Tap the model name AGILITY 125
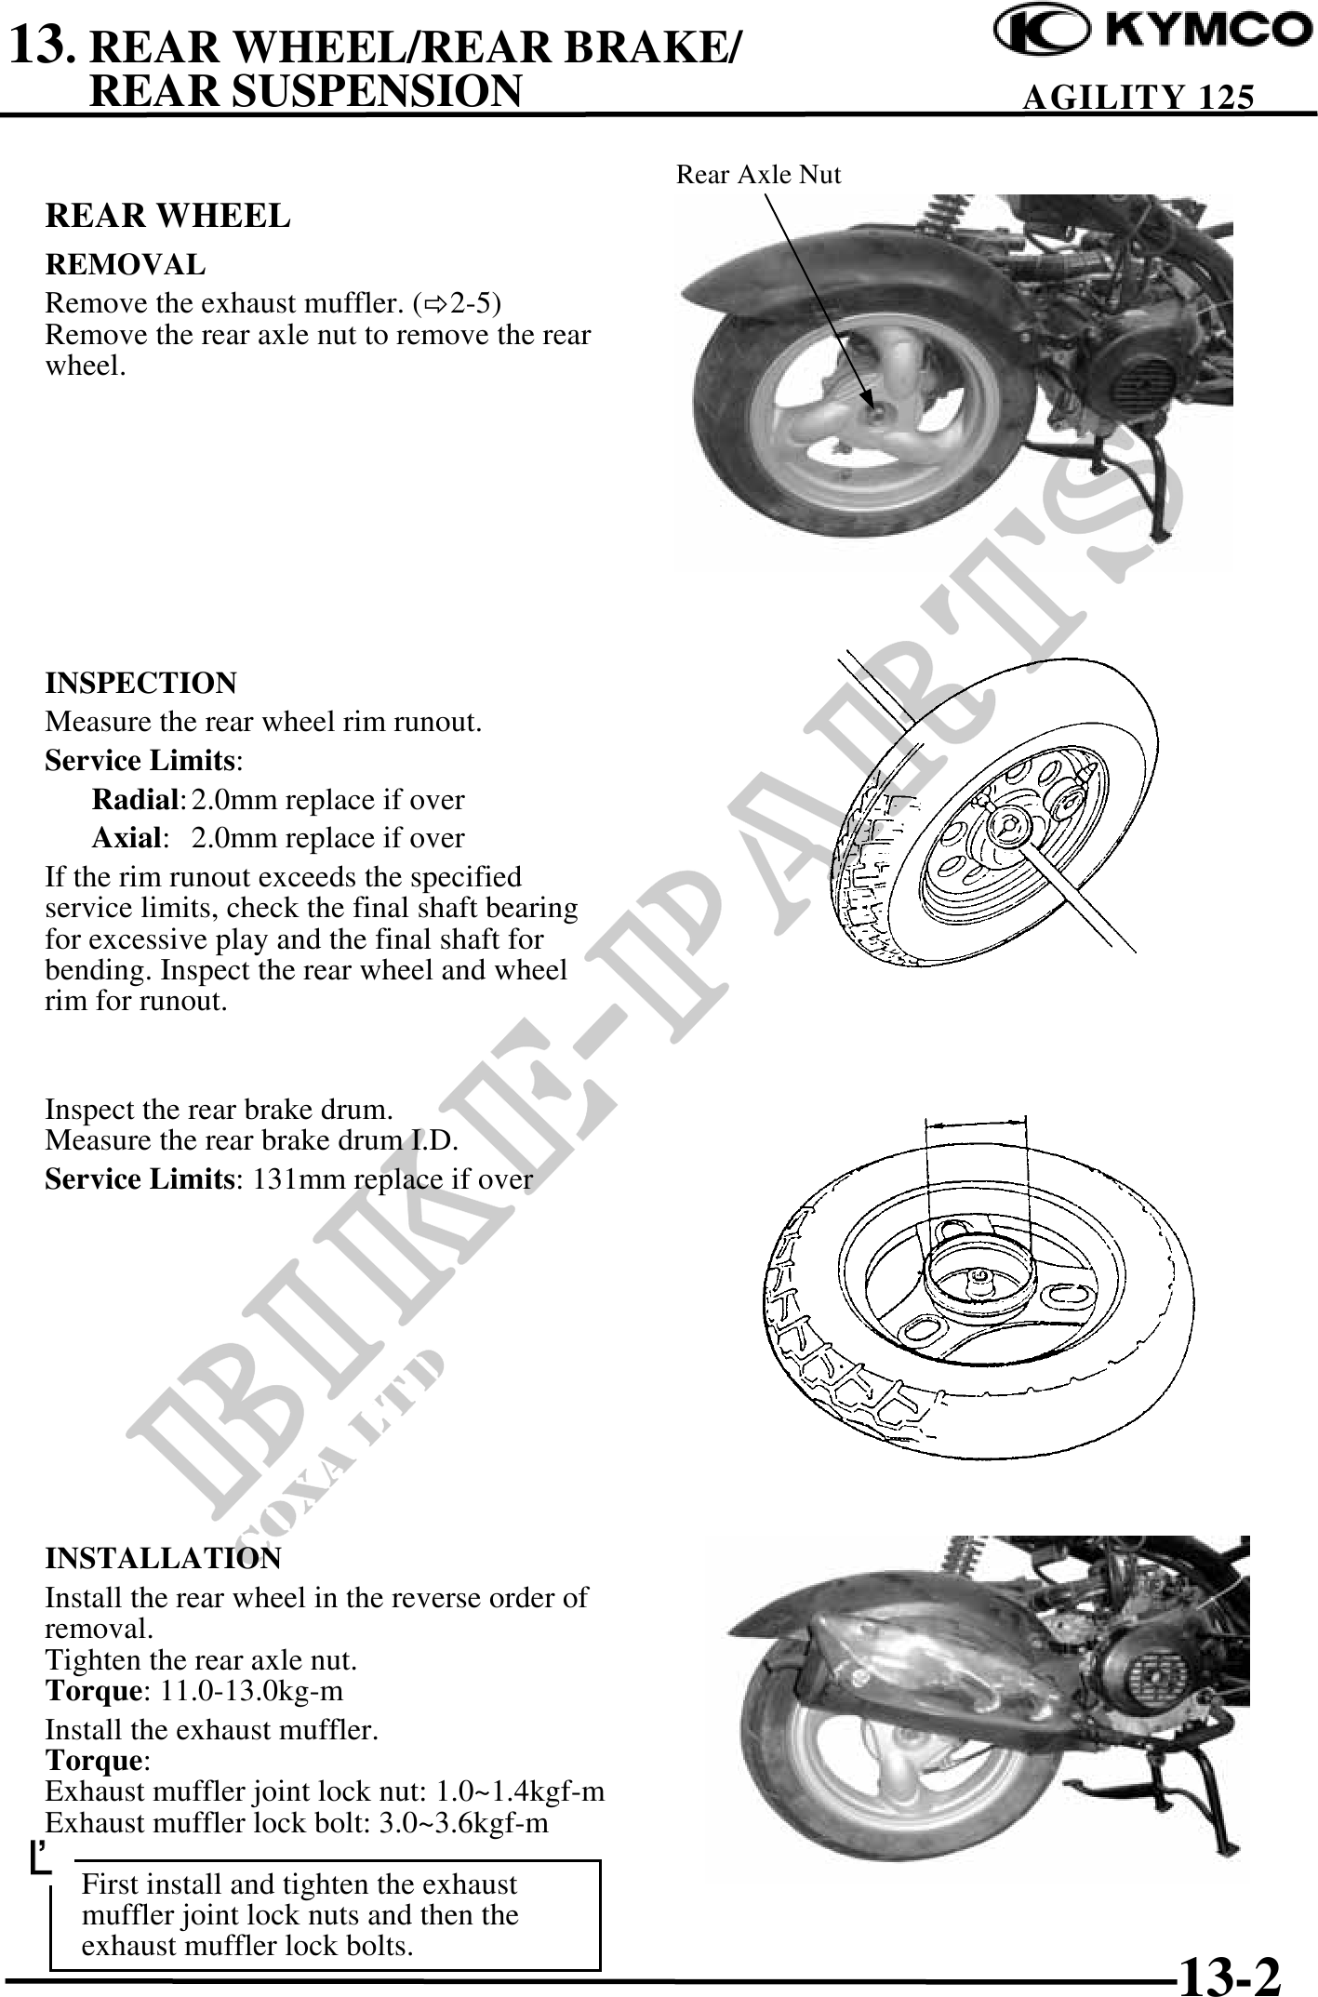coord(1137,97)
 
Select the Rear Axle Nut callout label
coord(758,175)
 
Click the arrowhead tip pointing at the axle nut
coord(871,406)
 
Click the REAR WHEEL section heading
coord(167,216)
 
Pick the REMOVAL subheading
coord(126,265)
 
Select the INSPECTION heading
coord(141,683)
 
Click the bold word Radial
coord(136,799)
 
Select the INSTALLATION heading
coord(164,1557)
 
